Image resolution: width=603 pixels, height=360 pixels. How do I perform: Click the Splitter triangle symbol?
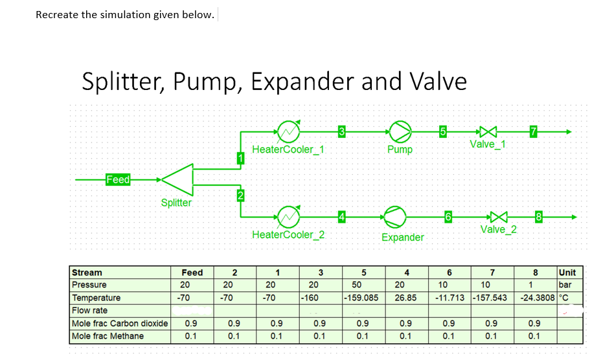[x=178, y=179]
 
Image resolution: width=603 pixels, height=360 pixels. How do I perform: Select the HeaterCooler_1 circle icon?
[x=290, y=131]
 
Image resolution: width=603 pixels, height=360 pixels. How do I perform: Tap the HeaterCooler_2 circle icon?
[x=290, y=216]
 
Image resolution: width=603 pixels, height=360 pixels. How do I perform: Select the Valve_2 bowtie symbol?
[x=497, y=216]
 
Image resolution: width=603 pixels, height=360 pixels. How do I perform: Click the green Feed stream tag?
[x=118, y=179]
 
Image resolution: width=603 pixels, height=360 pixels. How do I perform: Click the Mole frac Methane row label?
[x=108, y=336]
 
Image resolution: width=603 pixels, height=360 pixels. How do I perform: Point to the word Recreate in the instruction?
[x=57, y=15]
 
